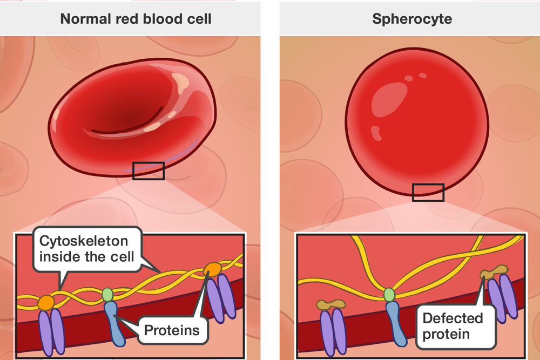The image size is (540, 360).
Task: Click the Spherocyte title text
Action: (412, 19)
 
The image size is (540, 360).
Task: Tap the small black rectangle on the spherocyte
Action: (428, 192)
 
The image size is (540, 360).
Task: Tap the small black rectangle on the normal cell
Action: (148, 171)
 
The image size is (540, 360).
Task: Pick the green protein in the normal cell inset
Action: (108, 294)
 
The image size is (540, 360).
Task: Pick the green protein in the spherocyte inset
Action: (389, 295)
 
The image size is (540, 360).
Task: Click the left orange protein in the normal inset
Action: (45, 302)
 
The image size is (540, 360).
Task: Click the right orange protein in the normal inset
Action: (212, 269)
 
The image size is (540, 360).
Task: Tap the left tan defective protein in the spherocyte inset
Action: (330, 305)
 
